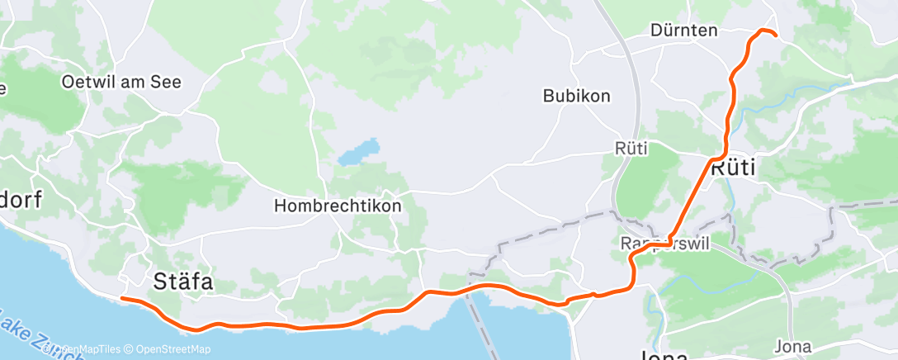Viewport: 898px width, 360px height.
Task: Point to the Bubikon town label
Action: click(x=576, y=96)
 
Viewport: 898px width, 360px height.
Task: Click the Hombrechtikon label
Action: click(x=338, y=206)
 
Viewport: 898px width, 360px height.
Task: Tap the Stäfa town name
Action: click(x=183, y=282)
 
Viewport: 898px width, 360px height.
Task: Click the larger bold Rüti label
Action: click(x=734, y=168)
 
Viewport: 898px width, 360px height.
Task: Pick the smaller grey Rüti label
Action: click(x=631, y=149)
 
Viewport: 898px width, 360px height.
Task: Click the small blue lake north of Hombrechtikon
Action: click(x=357, y=154)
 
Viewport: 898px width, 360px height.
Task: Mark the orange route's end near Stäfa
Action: click(x=122, y=298)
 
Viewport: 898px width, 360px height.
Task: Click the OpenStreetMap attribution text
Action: click(x=170, y=349)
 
